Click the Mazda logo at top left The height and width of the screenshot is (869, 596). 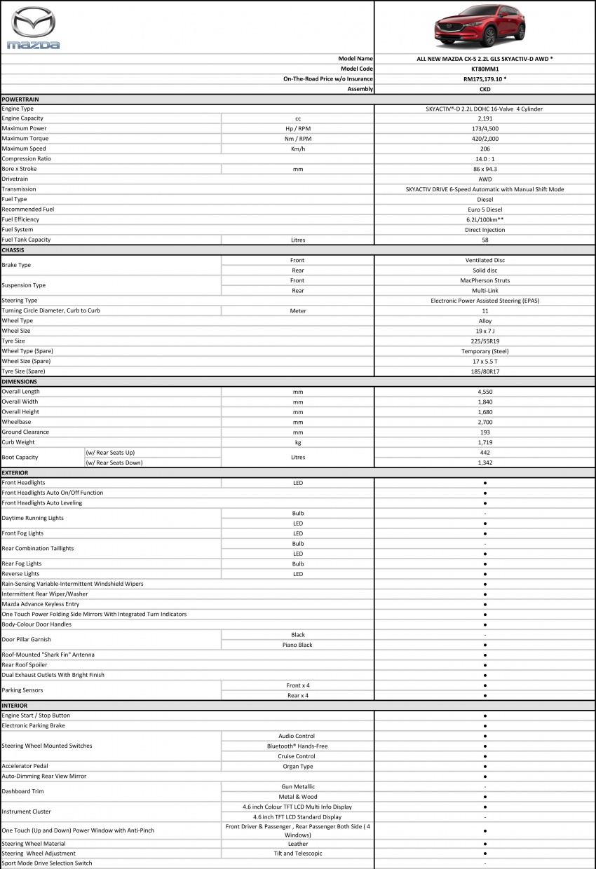pos(34,28)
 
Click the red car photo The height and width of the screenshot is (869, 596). pos(485,28)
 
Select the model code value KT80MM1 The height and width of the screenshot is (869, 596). pos(485,69)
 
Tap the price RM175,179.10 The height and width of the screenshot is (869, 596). pos(485,79)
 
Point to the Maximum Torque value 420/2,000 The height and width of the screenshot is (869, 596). pos(485,139)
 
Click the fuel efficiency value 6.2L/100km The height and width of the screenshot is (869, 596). pos(485,219)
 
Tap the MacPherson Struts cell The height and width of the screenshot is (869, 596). pos(485,280)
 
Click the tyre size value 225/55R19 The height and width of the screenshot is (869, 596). pos(485,341)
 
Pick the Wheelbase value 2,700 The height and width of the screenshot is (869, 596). pos(485,422)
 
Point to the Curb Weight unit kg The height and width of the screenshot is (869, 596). pos(298,442)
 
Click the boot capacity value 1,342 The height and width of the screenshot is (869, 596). pos(485,463)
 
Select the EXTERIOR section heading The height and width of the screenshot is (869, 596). pos(15,473)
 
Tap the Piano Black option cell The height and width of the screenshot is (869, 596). pos(298,645)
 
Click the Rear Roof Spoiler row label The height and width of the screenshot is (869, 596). pos(27,665)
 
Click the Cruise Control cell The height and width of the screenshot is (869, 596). pos(298,756)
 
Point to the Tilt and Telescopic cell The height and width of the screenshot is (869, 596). pos(298,854)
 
